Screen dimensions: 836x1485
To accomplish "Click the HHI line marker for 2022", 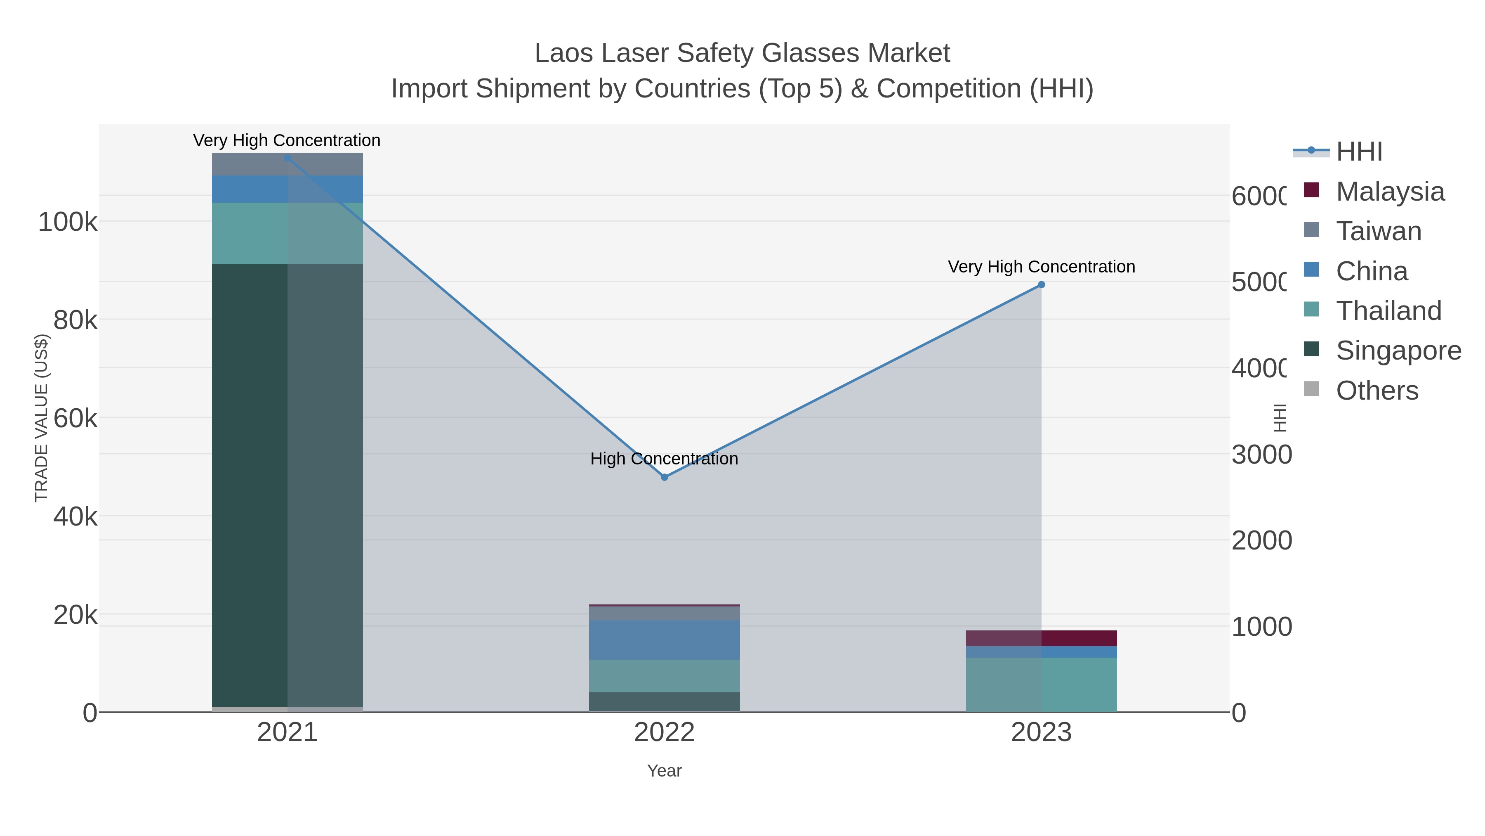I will pos(664,477).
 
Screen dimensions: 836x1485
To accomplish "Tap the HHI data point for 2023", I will pos(1041,284).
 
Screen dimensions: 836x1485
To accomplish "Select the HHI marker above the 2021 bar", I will pos(288,158).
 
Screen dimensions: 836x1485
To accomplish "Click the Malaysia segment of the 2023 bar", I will pos(1041,638).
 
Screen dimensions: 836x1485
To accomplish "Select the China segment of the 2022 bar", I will pos(664,640).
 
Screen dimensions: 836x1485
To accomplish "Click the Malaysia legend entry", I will pos(1389,192).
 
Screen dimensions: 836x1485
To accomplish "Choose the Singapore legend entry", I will pos(1398,350).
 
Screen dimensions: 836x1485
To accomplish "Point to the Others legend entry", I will pos(1377,391).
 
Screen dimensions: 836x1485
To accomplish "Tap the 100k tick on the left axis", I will pos(68,222).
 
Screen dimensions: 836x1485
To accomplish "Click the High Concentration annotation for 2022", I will pos(664,459).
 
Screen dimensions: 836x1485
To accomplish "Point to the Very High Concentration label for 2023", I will pos(1041,267).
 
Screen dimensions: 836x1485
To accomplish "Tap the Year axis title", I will pos(664,771).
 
